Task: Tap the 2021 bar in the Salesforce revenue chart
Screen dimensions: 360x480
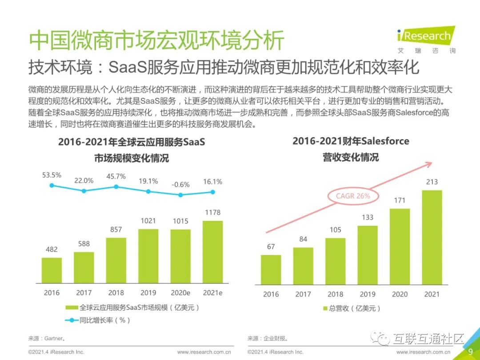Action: pos(432,237)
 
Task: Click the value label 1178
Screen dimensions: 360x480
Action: pos(212,212)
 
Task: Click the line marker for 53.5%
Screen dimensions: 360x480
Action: pos(52,185)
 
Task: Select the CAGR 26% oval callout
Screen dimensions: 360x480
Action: pos(353,196)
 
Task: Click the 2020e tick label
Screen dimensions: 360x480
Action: pos(180,292)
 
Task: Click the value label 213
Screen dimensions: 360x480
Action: pos(432,182)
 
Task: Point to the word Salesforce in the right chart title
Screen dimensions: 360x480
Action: pos(385,141)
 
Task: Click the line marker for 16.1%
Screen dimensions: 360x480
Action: pos(212,192)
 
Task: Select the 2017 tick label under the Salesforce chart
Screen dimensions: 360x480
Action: pos(303,294)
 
